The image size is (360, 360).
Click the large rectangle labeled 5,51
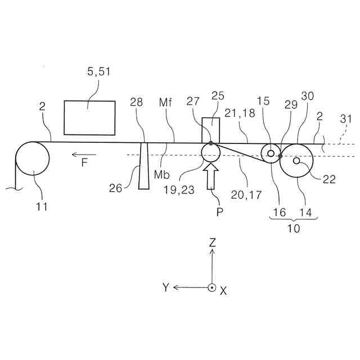click(x=89, y=118)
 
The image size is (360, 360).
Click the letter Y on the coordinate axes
click(x=166, y=287)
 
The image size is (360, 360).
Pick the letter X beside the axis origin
click(x=223, y=290)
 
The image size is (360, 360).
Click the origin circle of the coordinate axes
click(x=211, y=287)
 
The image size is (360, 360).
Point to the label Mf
click(x=165, y=102)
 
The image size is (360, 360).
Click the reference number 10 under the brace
click(x=294, y=228)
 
